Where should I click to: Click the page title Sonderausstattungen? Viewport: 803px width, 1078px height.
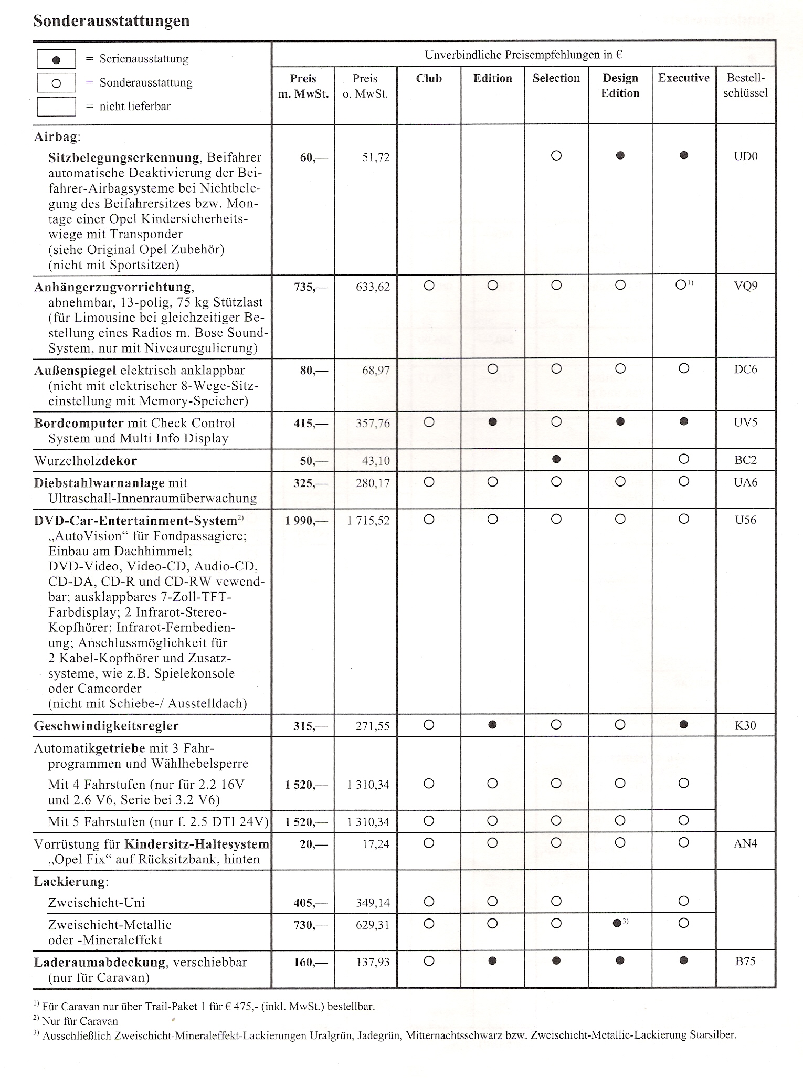111,21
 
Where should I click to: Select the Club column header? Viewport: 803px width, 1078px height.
429,78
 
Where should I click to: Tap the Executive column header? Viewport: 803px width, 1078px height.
683,78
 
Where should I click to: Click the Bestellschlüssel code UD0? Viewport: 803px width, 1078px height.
745,156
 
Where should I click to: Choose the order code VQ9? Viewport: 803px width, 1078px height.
745,287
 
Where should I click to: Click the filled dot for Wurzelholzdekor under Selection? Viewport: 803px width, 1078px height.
556,459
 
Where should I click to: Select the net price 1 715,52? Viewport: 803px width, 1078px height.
368,521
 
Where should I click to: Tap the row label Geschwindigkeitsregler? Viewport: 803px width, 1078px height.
107,726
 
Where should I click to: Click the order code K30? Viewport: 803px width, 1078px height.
745,726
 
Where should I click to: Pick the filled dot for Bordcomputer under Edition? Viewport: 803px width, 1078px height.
492,422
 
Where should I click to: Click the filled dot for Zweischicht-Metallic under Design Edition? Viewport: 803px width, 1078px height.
617,924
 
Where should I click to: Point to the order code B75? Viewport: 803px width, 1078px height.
745,961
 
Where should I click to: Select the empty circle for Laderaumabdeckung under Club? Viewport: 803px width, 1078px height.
429,961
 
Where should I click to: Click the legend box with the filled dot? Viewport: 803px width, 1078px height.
56,59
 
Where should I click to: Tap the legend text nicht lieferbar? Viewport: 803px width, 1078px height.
135,107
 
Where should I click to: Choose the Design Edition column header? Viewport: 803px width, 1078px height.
620,86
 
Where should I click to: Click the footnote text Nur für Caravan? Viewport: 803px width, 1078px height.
80,1021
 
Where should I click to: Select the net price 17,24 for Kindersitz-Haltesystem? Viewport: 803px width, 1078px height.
376,844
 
